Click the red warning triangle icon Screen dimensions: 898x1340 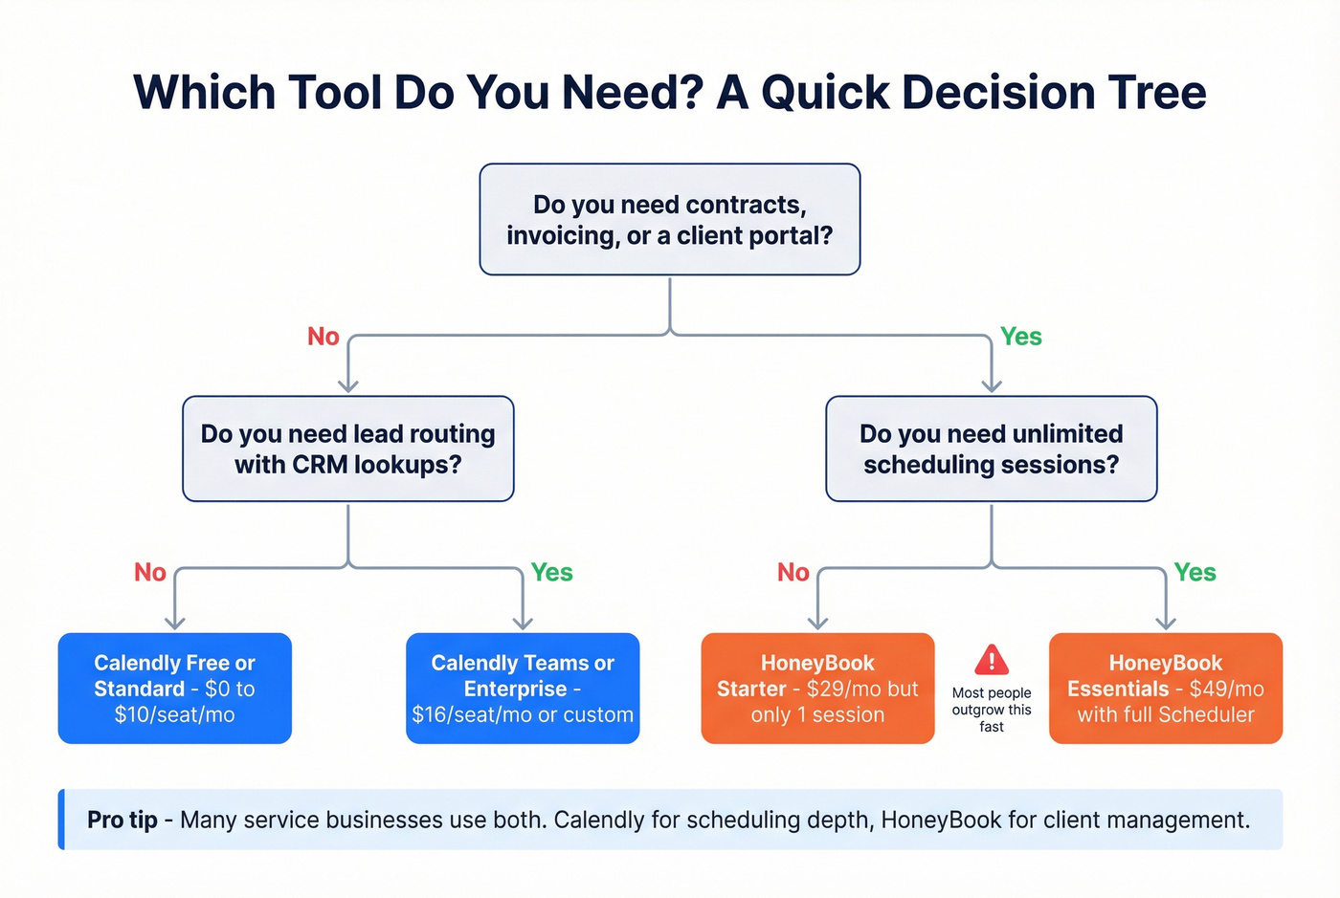[992, 660]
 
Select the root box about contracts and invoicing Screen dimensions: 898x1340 [669, 220]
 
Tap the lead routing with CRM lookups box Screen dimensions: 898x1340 [348, 449]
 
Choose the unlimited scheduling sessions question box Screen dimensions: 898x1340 [991, 449]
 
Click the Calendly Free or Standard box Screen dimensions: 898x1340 [174, 689]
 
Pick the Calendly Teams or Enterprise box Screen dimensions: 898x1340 [523, 689]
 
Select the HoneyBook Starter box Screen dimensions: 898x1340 [817, 689]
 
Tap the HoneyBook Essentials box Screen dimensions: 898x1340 [1165, 689]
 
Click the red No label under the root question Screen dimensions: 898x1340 [324, 337]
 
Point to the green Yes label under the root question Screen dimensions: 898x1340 [1020, 337]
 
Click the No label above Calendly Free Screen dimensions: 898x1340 [150, 572]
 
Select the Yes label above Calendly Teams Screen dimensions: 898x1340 [551, 572]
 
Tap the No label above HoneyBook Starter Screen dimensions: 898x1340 [793, 572]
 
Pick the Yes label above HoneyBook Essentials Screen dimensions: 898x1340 [1195, 572]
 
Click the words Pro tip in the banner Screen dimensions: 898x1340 [123, 820]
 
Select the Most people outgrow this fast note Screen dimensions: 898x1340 [992, 710]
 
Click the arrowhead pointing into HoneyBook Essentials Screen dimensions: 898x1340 [1165, 623]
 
